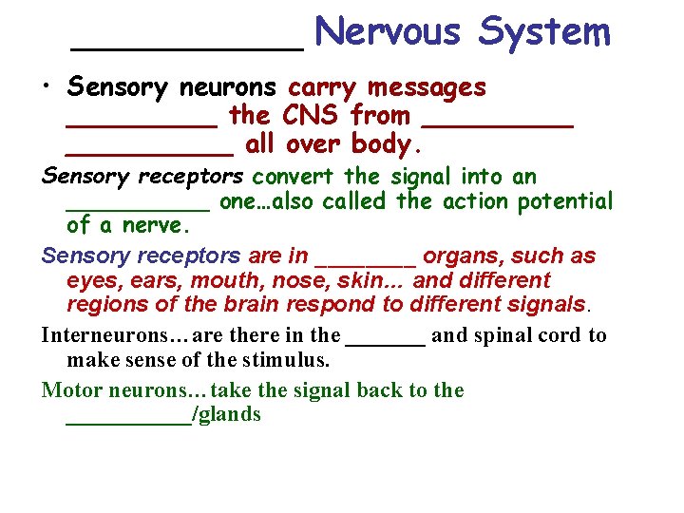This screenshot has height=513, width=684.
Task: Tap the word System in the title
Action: (544, 32)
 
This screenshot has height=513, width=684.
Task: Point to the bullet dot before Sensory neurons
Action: (46, 88)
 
